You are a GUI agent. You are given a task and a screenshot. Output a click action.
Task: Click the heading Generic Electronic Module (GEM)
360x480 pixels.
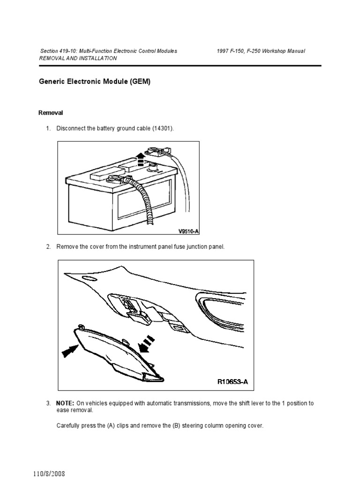pyautogui.click(x=94, y=81)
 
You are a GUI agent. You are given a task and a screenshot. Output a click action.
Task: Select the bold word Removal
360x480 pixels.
pyautogui.click(x=50, y=113)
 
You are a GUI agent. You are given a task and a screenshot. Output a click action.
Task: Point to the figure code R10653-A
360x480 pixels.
pyautogui.click(x=232, y=382)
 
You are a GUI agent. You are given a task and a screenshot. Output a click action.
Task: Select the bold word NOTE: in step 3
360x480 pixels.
pyautogui.click(x=65, y=403)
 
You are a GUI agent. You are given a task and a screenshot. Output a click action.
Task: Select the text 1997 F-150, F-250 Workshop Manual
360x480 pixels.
pyautogui.click(x=261, y=51)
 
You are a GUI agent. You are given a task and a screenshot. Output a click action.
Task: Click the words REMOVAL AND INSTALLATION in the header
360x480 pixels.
pyautogui.click(x=77, y=58)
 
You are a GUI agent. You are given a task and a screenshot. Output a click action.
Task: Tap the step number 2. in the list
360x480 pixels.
pyautogui.click(x=48, y=247)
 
